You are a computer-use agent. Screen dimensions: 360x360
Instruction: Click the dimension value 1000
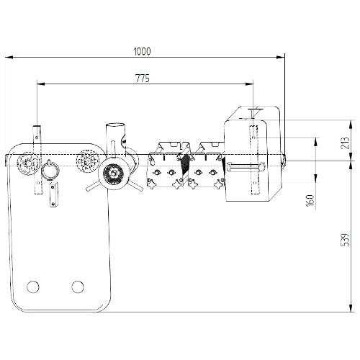[x=143, y=51]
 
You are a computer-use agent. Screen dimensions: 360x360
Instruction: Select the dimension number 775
[x=143, y=78]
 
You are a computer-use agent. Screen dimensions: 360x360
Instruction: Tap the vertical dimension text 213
[x=345, y=143]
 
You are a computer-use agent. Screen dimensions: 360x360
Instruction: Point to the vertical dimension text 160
[x=310, y=200]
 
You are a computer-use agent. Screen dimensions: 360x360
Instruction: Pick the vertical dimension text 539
[x=345, y=240]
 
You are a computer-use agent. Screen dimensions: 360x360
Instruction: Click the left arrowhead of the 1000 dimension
[x=9, y=58]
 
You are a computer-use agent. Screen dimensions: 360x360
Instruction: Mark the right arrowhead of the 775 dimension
[x=250, y=84]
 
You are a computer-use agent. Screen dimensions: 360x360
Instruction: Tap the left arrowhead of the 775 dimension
[x=41, y=84]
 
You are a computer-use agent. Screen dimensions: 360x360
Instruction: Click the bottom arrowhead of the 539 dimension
[x=351, y=308]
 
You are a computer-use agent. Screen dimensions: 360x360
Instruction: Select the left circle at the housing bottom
[x=33, y=287]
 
